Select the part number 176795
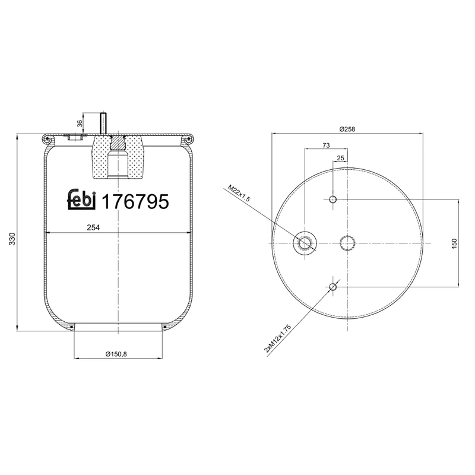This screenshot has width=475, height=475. [x=136, y=201]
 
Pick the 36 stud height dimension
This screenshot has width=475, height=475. [x=80, y=123]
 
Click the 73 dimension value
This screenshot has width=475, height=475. [x=326, y=145]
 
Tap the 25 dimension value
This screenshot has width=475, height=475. [x=340, y=157]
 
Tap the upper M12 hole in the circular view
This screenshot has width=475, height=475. [x=333, y=199]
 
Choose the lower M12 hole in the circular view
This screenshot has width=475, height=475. [x=333, y=287]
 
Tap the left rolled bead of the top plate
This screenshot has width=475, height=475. [x=47, y=139]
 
